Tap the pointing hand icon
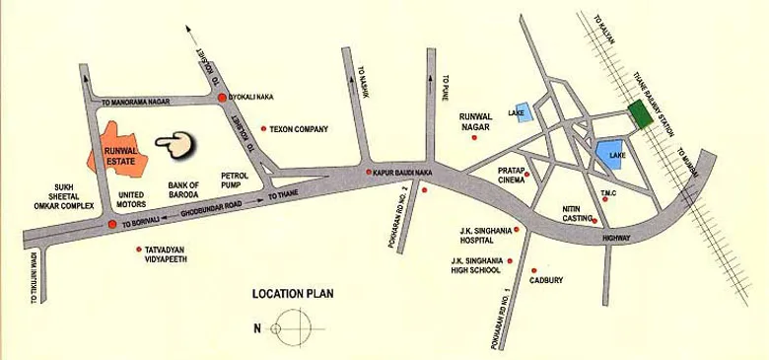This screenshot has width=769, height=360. (x=175, y=145)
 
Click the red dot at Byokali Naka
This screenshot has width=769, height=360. (x=222, y=99)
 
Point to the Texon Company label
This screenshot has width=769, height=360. (x=300, y=129)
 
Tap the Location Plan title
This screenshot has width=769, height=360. (x=293, y=293)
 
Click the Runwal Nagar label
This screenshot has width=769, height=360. (x=479, y=121)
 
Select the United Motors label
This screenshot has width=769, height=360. (x=131, y=199)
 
